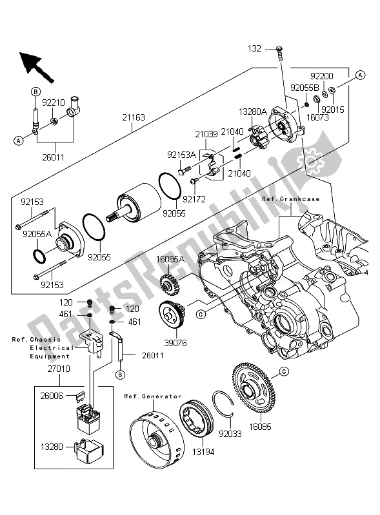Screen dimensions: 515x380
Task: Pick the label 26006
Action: [52, 396]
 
